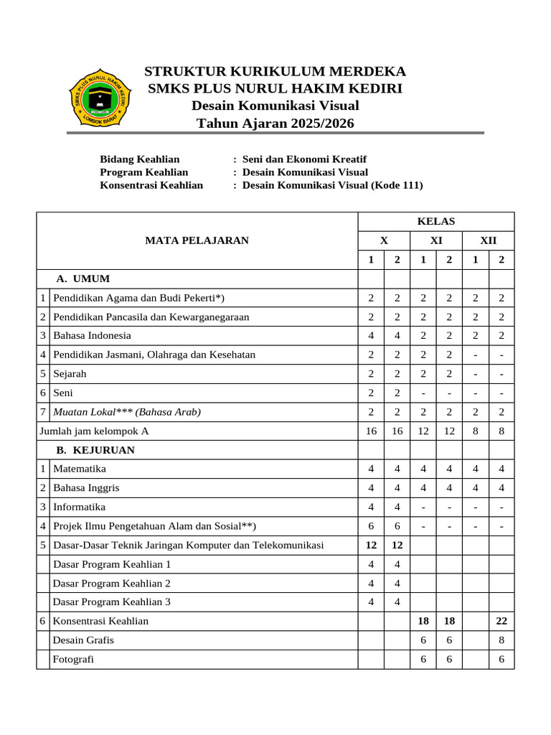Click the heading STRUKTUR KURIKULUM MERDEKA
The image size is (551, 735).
coord(275,71)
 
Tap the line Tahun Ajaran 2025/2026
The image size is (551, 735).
coord(275,123)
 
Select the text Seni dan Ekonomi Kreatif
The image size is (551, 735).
coord(304,159)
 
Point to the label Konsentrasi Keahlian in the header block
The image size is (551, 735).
coord(151,184)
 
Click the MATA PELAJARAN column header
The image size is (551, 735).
coord(197,240)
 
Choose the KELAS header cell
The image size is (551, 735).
coord(435,221)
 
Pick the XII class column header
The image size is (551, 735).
coord(488,240)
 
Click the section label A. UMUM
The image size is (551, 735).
coord(83,278)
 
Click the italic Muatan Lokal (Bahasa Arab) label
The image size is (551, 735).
coord(127,411)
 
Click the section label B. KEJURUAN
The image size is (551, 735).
coord(95,450)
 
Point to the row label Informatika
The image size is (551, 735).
coord(79,507)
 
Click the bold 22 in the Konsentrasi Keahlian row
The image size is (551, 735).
coord(501,620)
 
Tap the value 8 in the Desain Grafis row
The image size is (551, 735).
coord(501,640)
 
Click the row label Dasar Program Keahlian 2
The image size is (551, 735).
coord(112,583)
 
